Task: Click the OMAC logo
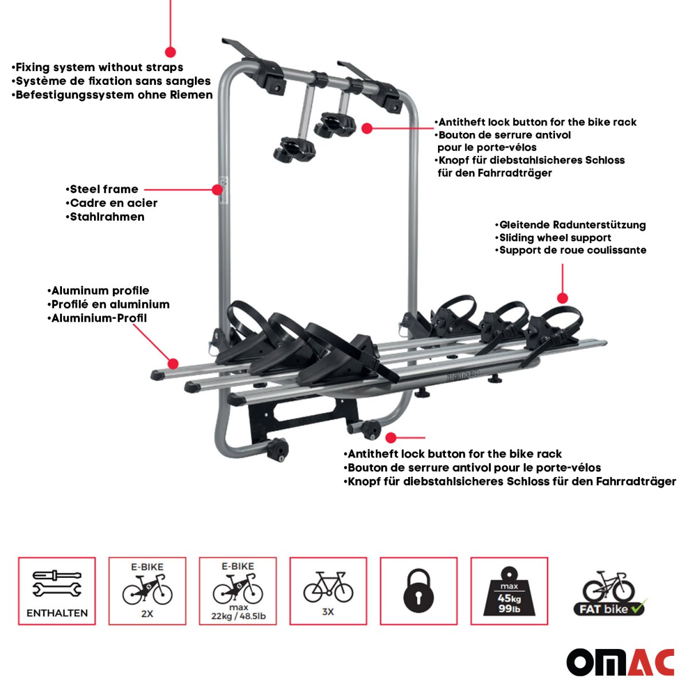620,663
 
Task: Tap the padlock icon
418,591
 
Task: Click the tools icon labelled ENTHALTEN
57,591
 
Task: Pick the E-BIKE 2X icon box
147,591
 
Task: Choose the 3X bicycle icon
328,591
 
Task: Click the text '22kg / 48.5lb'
239,616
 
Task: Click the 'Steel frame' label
104,189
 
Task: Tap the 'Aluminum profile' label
100,291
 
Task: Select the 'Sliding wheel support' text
555,237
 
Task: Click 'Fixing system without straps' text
99,67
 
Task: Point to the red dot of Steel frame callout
217,189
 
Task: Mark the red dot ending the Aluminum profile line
173,363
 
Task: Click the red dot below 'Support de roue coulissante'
562,298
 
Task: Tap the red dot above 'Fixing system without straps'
170,51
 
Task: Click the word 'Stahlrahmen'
107,217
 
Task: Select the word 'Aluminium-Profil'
99,318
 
